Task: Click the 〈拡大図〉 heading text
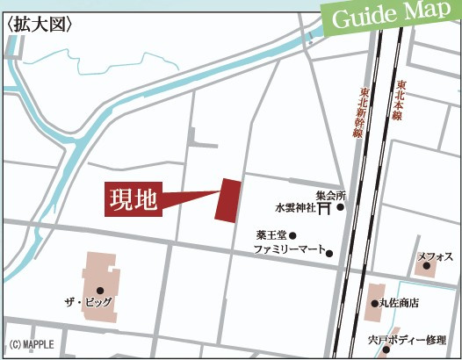click(x=40, y=24)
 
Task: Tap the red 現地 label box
click(x=132, y=200)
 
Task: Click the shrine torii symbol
click(x=324, y=209)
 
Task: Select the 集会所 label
click(x=331, y=195)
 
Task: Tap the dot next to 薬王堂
click(x=293, y=235)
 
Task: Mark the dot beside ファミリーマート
click(x=330, y=254)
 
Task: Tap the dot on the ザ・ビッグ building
click(x=100, y=290)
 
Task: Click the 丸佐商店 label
click(x=399, y=303)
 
